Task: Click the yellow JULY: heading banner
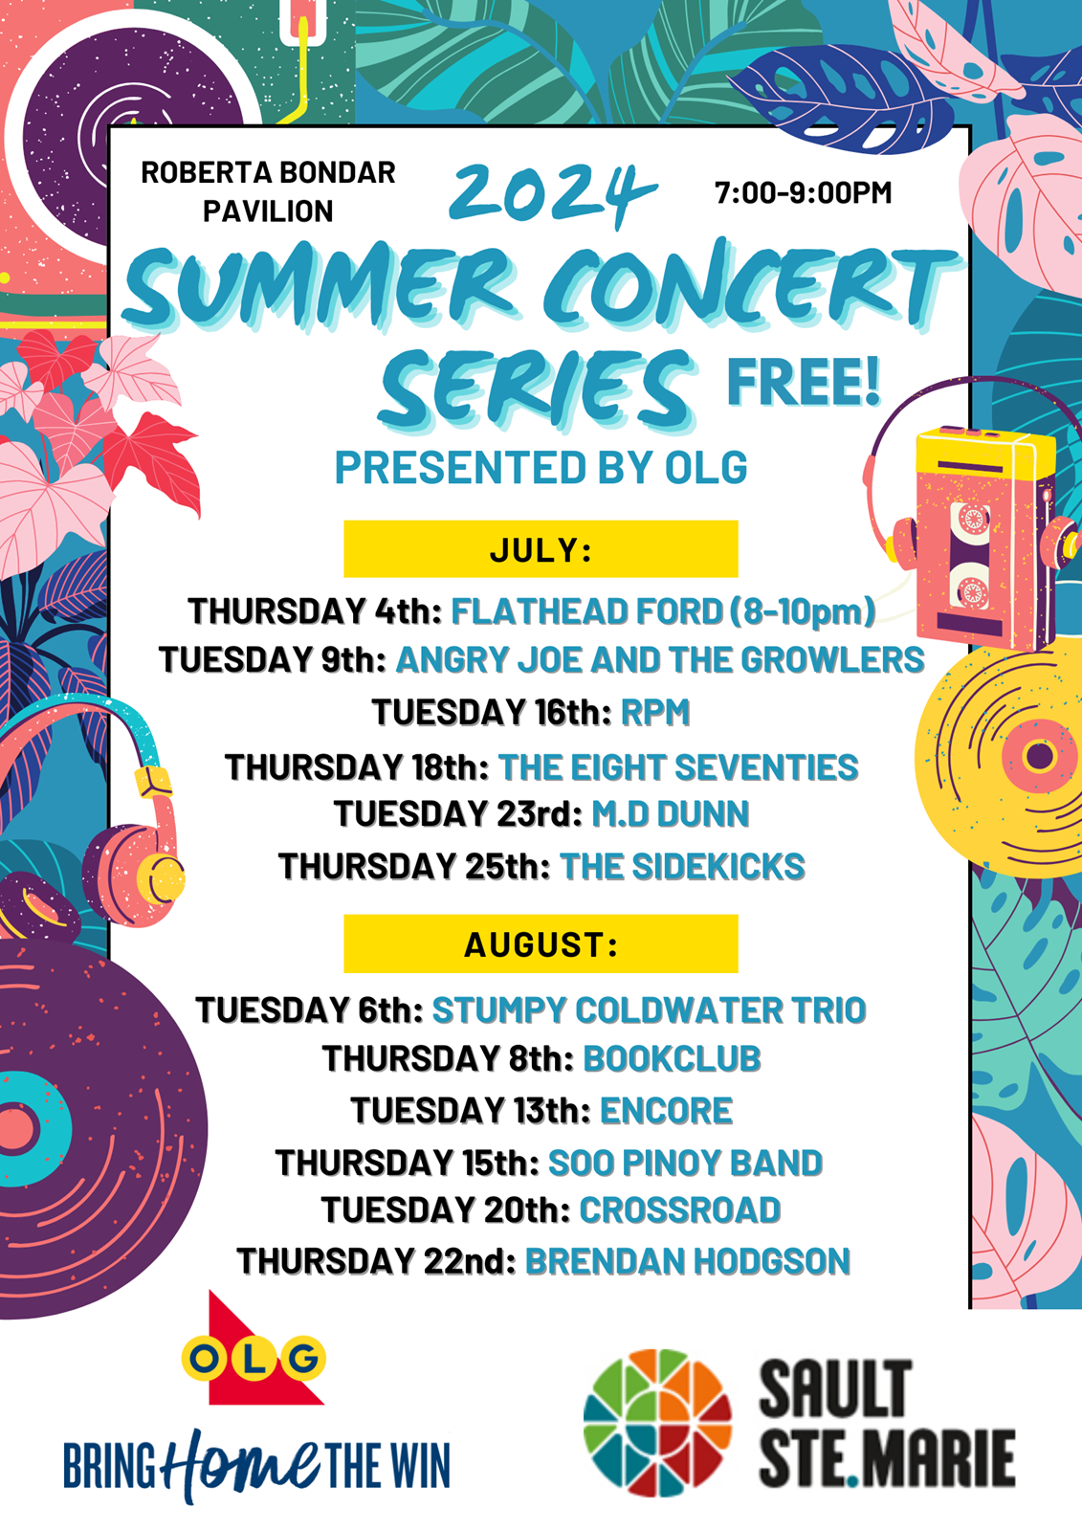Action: coord(541,549)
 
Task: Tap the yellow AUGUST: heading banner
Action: coord(541,943)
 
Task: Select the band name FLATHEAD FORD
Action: coord(586,611)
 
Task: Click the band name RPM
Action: coord(655,712)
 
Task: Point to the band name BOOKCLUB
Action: coord(672,1058)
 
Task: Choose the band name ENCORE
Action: coord(667,1110)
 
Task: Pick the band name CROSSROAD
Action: coord(680,1209)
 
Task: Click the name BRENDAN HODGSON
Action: coord(688,1261)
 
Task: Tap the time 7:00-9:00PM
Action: coord(803,192)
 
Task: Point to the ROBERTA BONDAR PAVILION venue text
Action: coord(268,192)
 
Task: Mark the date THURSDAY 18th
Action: coord(357,766)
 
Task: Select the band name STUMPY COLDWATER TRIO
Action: coord(650,1010)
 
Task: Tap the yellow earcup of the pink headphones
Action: coord(160,878)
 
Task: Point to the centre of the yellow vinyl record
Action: coord(1040,756)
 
